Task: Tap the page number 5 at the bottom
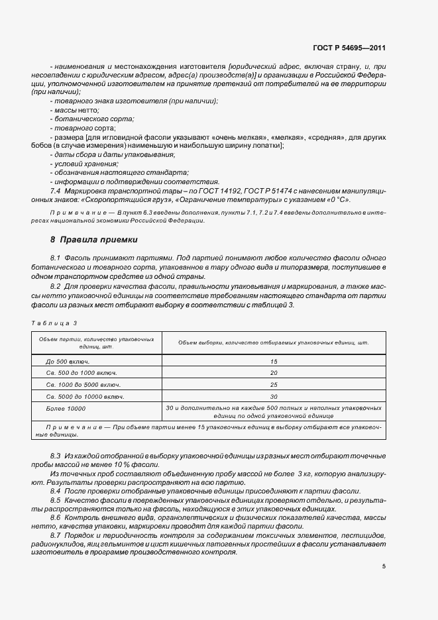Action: pyautogui.click(x=384, y=566)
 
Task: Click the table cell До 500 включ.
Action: pyautogui.click(x=68, y=362)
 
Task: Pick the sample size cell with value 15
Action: pyautogui.click(x=273, y=362)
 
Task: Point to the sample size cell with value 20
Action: pyautogui.click(x=273, y=373)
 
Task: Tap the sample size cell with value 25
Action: pyautogui.click(x=273, y=385)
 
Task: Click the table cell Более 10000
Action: pyautogui.click(x=66, y=408)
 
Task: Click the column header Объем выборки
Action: pyautogui.click(x=273, y=342)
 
